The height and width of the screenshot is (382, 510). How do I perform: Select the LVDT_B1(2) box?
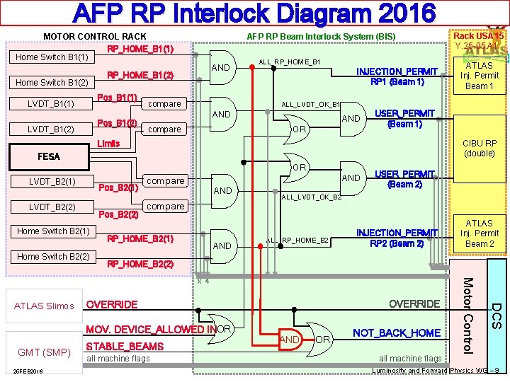click(x=51, y=129)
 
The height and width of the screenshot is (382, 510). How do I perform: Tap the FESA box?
click(x=48, y=156)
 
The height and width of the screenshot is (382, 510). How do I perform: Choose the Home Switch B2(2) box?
click(x=53, y=257)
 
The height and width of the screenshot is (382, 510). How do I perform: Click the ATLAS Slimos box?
click(x=43, y=306)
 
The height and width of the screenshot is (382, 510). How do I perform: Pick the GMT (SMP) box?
click(x=43, y=352)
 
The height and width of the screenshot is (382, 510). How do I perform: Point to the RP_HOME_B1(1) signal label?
click(x=140, y=50)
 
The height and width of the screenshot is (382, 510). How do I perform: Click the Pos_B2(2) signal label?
click(x=118, y=215)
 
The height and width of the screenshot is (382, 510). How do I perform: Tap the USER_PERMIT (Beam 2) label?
click(x=397, y=179)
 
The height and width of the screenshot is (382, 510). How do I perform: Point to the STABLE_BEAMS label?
click(x=124, y=347)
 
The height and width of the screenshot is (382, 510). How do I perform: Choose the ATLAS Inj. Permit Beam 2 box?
click(x=480, y=233)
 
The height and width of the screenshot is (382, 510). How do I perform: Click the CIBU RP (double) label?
click(x=480, y=148)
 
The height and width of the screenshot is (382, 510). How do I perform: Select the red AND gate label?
click(x=289, y=339)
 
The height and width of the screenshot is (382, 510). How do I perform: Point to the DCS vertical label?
click(x=497, y=316)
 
